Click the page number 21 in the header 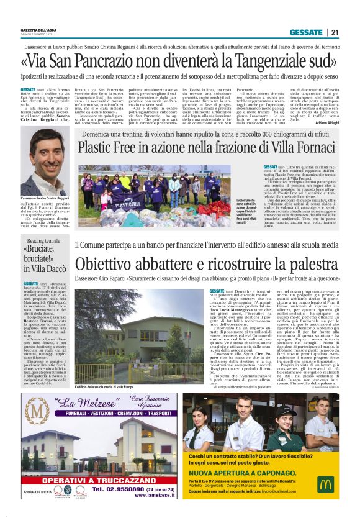pyautogui.click(x=335, y=32)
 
